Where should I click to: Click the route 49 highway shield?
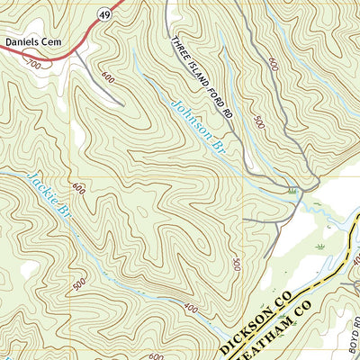[105, 15]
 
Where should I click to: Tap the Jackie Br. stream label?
[51, 197]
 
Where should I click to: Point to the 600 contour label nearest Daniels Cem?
[109, 77]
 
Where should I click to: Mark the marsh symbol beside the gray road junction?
[292, 190]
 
